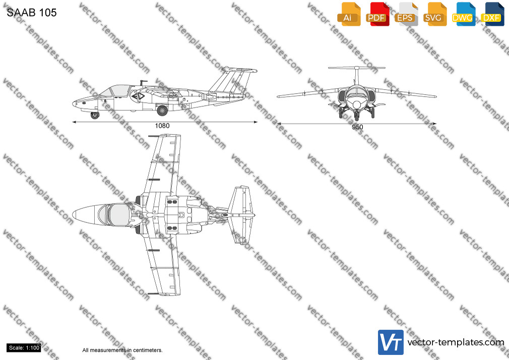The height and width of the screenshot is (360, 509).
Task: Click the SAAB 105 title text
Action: click(x=31, y=12)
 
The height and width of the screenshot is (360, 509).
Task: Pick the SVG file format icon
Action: click(x=434, y=14)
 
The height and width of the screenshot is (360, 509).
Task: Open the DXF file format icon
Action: click(x=492, y=14)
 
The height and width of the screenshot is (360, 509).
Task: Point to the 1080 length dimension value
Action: click(x=162, y=126)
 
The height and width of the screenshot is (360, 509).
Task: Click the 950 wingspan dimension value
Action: click(x=357, y=127)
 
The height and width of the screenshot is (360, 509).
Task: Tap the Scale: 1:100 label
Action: click(x=24, y=348)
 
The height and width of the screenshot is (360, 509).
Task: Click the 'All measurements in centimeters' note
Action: click(x=122, y=350)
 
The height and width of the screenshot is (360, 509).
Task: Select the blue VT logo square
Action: click(x=391, y=342)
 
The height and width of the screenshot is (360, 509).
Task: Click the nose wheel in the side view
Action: click(x=95, y=114)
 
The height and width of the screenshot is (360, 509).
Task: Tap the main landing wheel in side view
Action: click(x=162, y=110)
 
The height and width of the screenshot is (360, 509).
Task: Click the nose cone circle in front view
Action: click(x=357, y=104)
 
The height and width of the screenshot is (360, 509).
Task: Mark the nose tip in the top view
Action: click(x=73, y=215)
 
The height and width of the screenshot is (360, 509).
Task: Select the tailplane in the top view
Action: click(x=240, y=215)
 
